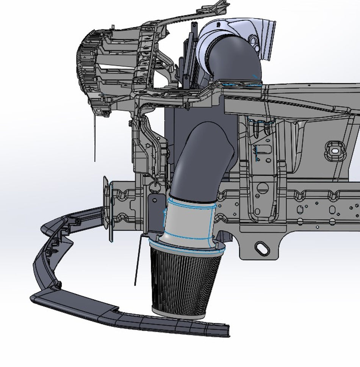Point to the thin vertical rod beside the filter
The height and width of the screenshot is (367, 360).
coord(137,262)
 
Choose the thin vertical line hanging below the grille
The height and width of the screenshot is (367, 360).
coord(95,140)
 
